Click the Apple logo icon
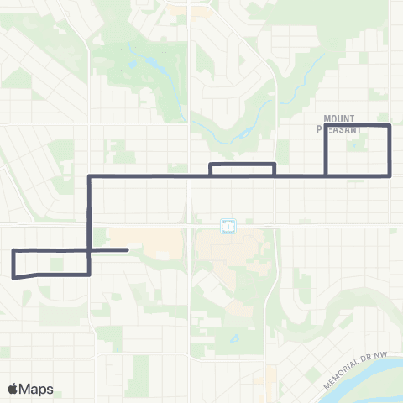[x=13, y=389]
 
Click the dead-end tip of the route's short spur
[x=127, y=249]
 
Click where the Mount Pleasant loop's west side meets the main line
[x=326, y=175]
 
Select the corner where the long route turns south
[x=89, y=176]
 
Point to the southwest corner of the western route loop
[x=13, y=276]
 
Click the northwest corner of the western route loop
[x=13, y=251]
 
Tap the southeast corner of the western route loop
[x=89, y=274]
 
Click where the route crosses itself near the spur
[x=89, y=249]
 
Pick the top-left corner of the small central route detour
[x=210, y=164]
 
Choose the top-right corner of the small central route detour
[x=275, y=164]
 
